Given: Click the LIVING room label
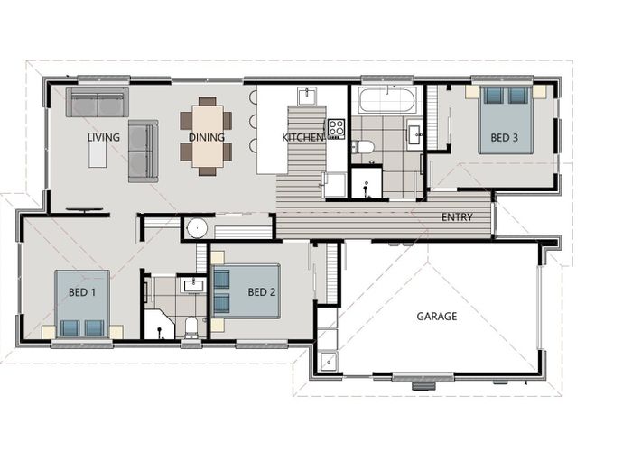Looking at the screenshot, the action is (104, 137).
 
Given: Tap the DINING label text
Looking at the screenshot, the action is (207, 137).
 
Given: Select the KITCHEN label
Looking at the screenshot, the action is (302, 137).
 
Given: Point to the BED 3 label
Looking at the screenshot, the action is (504, 138).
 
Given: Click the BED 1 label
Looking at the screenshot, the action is (82, 292).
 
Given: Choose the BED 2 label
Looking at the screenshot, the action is (262, 292).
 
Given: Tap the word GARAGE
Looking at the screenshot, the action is (437, 317).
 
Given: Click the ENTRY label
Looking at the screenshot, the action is (457, 217).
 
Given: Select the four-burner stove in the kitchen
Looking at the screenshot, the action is (336, 129).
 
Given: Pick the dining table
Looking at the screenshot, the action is (207, 136).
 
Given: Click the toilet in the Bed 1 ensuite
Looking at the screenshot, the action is (191, 327).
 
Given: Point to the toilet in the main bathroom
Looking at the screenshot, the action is (362, 147).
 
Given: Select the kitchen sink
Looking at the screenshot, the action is (307, 96).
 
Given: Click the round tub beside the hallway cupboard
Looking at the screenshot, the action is (197, 228).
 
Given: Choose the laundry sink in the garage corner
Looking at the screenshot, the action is (329, 362).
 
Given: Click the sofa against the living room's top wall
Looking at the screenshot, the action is (98, 102).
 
